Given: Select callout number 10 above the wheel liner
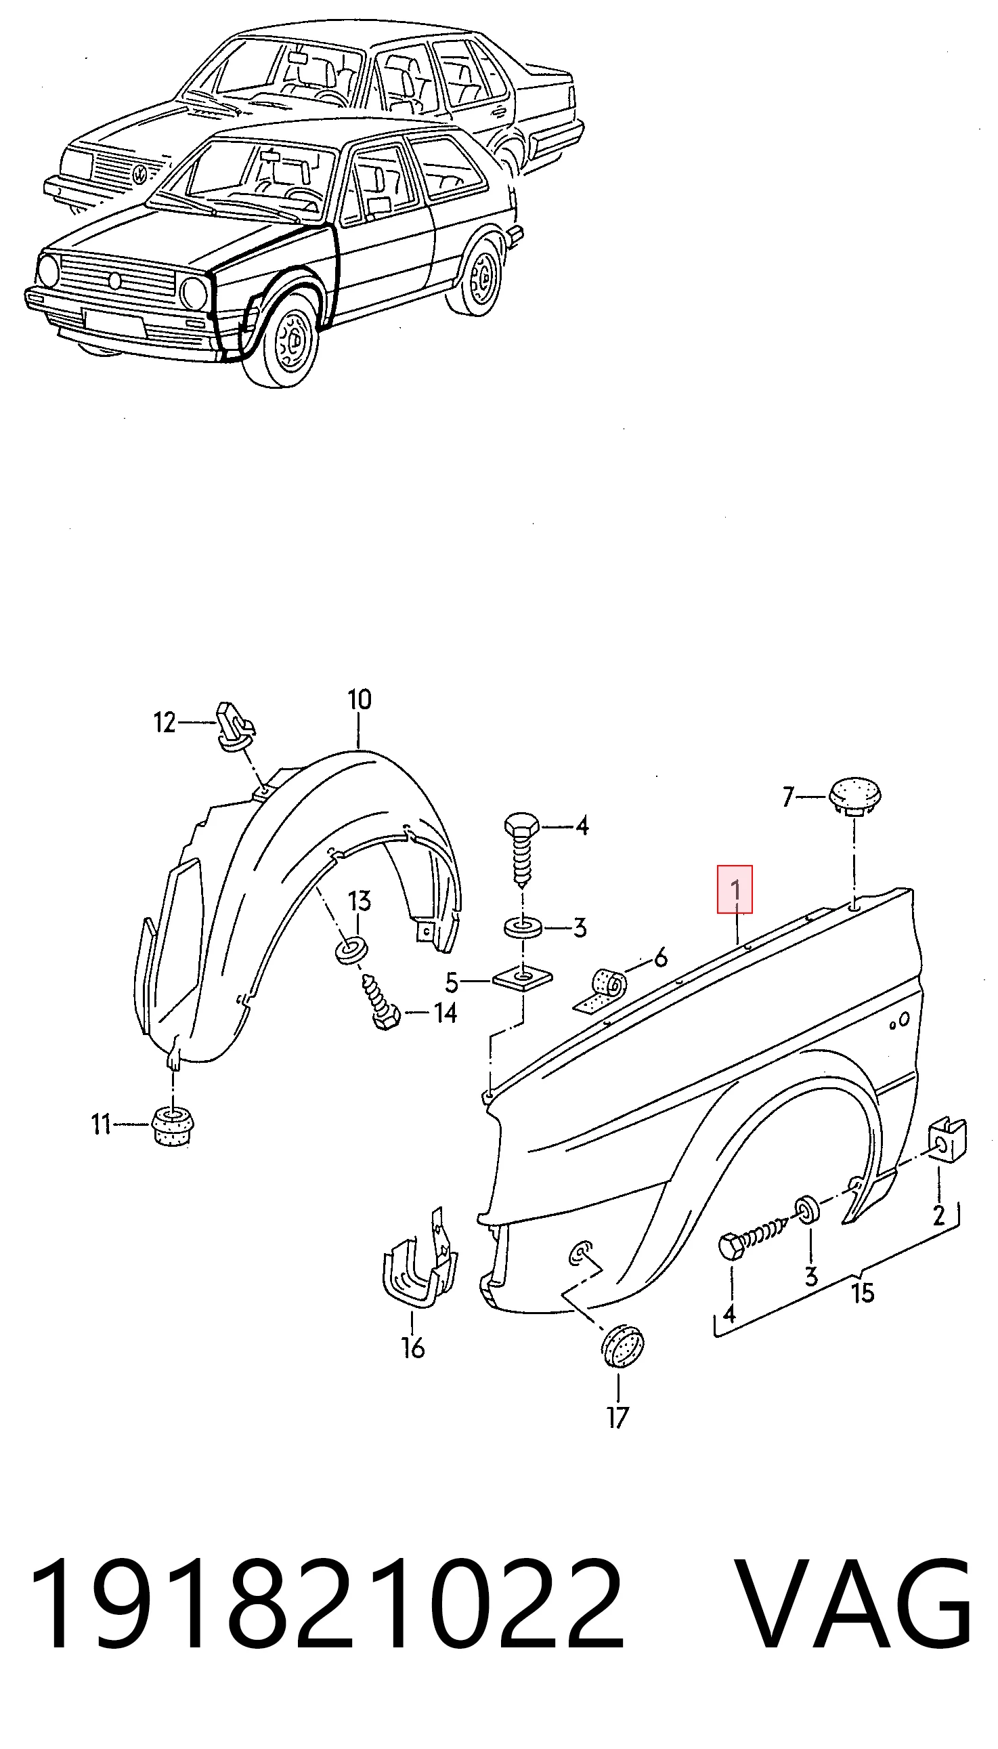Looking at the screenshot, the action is pyautogui.click(x=359, y=699).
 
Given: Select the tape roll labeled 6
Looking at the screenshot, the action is pyautogui.click(x=601, y=992).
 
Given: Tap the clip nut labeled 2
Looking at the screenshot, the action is pyautogui.click(x=948, y=1139).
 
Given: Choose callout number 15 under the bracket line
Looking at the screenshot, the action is pyautogui.click(x=863, y=1292).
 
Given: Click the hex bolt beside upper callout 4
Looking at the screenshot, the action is pyautogui.click(x=522, y=851).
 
